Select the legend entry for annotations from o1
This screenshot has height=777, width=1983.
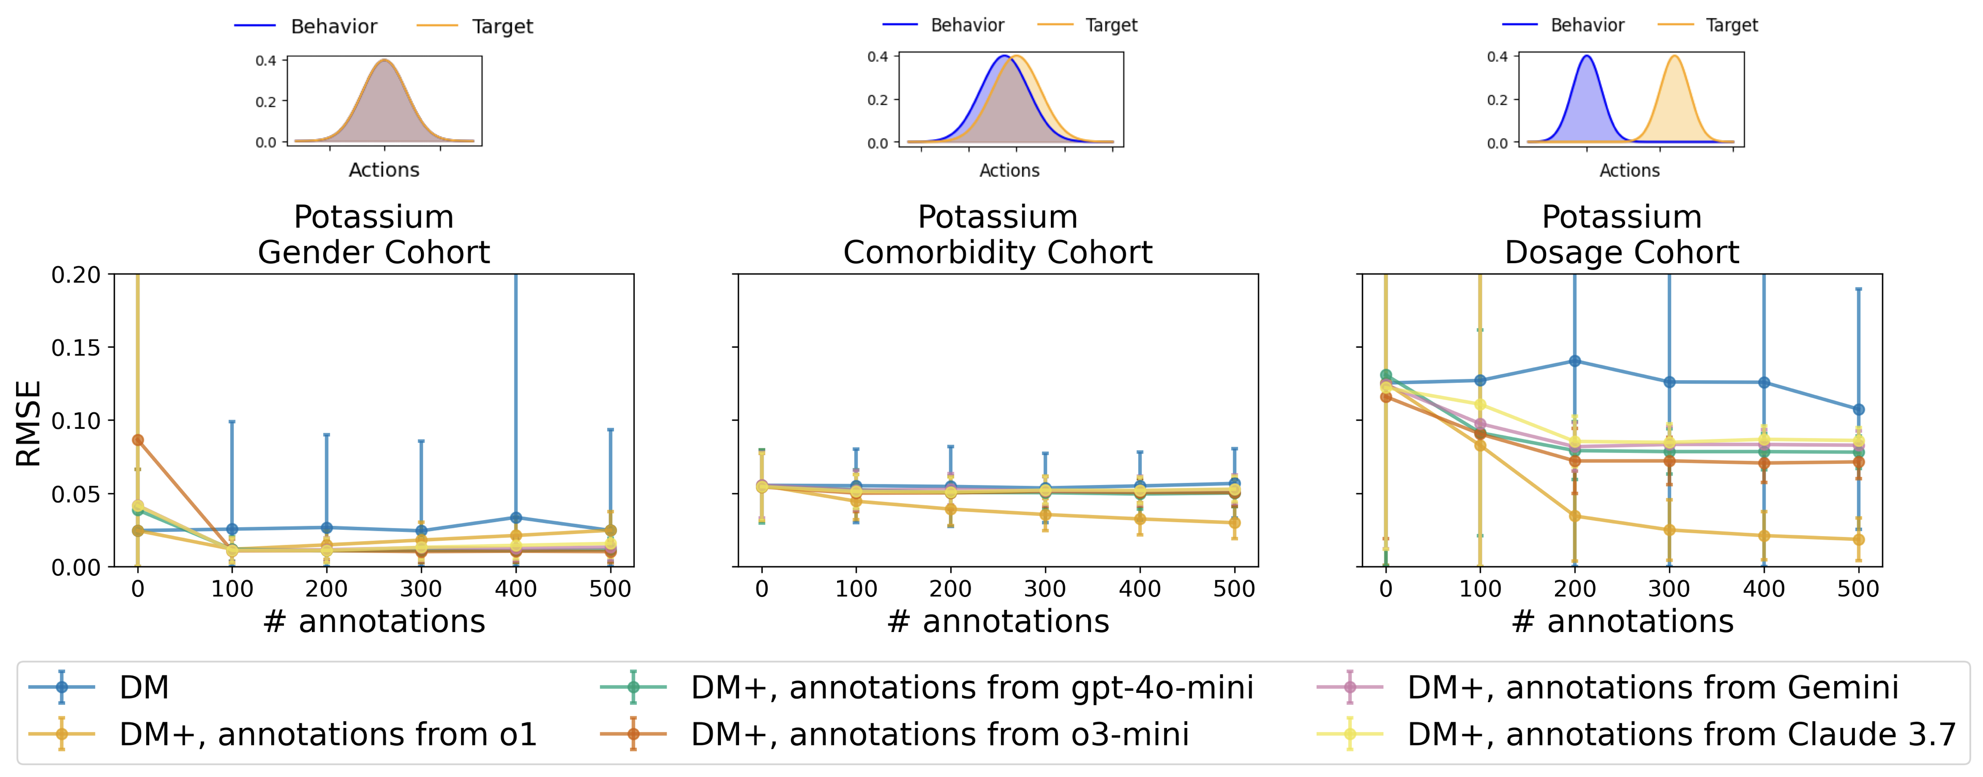pos(327,735)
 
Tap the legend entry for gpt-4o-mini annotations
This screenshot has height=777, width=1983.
pos(971,687)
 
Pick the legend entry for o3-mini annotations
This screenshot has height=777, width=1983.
pos(939,735)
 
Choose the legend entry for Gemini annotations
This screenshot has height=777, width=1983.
pos(1652,687)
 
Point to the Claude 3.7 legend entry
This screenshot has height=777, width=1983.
pos(1681,735)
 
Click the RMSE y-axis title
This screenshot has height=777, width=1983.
pos(28,423)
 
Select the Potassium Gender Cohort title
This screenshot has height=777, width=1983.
pos(374,235)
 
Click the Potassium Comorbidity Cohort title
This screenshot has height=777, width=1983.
pos(998,235)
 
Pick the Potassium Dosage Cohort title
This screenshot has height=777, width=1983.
pos(1622,235)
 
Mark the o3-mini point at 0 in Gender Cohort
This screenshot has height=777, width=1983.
pos(138,440)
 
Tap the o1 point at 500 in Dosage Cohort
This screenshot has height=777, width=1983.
pos(1859,539)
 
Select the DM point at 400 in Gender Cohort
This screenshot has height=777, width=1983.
pos(516,518)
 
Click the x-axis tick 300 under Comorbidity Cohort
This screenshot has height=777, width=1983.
pos(1045,589)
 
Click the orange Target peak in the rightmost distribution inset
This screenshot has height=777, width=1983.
pos(1674,56)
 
